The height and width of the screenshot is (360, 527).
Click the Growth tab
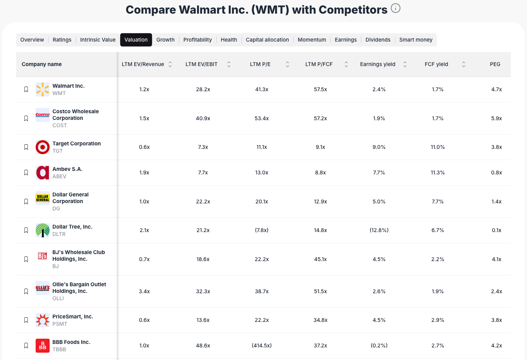[x=165, y=40]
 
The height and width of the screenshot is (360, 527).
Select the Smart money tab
[x=416, y=40]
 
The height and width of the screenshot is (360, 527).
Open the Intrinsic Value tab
[x=98, y=40]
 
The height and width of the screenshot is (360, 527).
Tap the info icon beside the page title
[x=396, y=8]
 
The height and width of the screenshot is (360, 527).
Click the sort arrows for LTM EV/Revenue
[x=170, y=64]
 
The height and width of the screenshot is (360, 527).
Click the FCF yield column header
[x=436, y=64]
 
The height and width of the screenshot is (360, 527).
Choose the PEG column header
[x=495, y=64]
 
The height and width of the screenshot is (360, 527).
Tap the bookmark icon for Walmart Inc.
[x=26, y=89]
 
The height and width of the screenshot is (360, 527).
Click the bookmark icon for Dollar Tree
[x=26, y=230]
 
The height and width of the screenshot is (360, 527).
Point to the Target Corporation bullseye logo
[x=43, y=147]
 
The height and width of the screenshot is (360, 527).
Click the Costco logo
[x=43, y=115]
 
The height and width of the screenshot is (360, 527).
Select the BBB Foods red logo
[x=43, y=346]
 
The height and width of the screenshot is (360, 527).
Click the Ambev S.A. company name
[x=67, y=169]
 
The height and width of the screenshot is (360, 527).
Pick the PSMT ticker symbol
[x=60, y=324]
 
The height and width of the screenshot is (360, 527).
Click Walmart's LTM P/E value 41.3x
[x=262, y=89]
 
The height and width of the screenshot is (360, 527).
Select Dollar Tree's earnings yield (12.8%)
[x=379, y=230]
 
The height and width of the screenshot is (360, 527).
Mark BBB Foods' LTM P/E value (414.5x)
[x=262, y=346]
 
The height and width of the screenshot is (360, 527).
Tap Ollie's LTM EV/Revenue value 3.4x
[x=144, y=291]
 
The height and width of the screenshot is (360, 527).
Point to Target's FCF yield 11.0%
[x=438, y=147]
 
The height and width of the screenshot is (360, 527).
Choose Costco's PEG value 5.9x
[x=496, y=118]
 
